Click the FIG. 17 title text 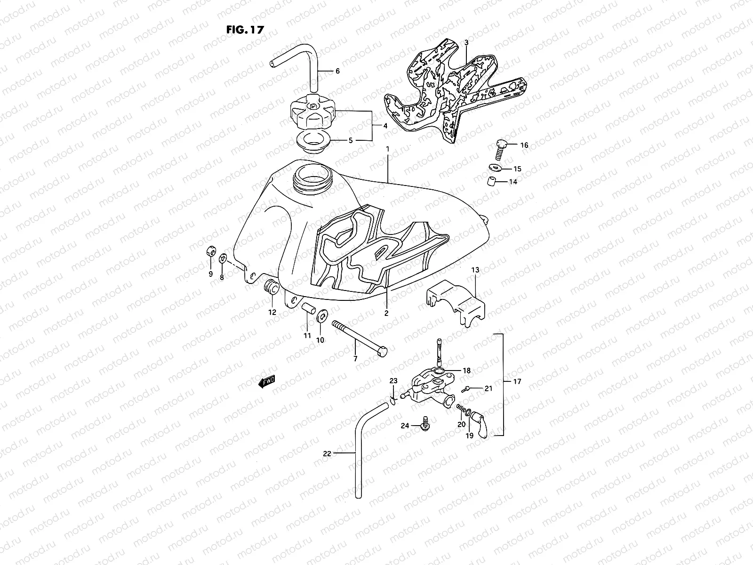(x=245, y=29)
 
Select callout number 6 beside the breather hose (x=337, y=71)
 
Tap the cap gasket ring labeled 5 (x=312, y=140)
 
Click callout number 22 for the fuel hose (x=328, y=454)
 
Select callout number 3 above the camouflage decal (x=466, y=42)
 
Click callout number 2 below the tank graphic (x=386, y=313)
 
